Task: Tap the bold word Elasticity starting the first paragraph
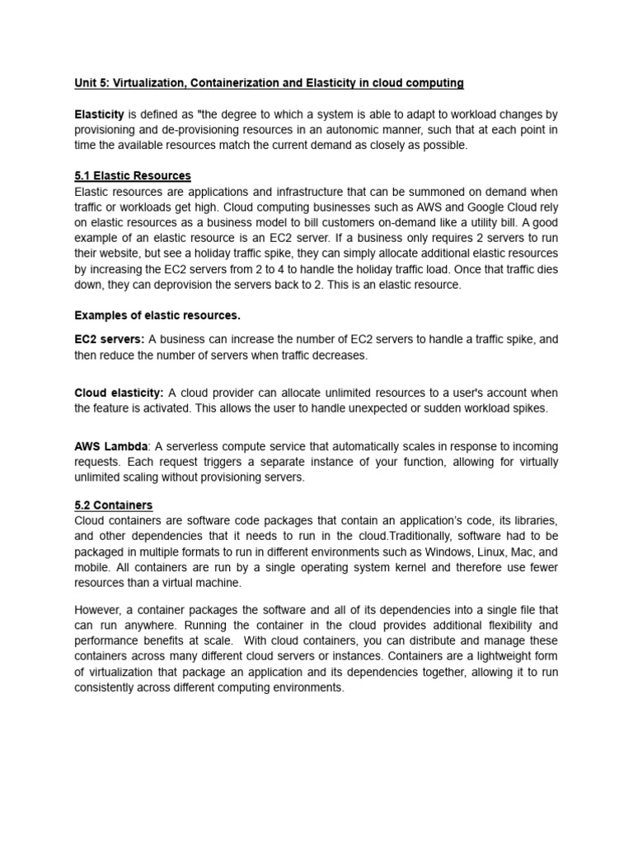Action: pyautogui.click(x=99, y=114)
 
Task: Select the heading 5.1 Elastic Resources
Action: pyautogui.click(x=132, y=176)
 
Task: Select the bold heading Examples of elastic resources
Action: pyautogui.click(x=157, y=315)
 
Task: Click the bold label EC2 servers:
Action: pyautogui.click(x=109, y=339)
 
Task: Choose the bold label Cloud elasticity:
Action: pyautogui.click(x=119, y=393)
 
